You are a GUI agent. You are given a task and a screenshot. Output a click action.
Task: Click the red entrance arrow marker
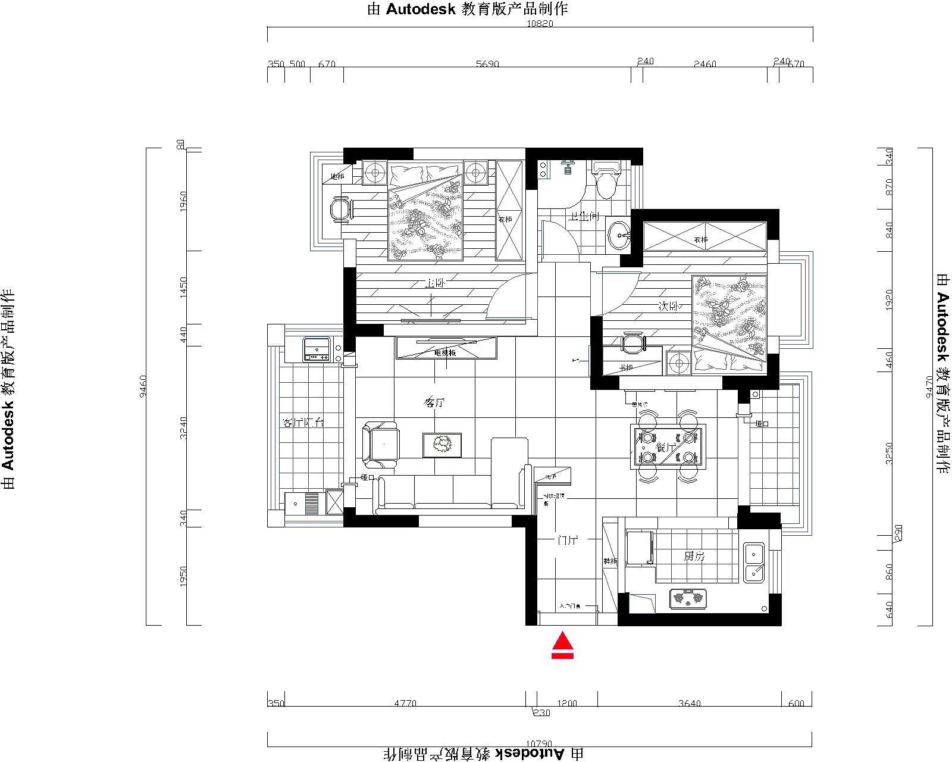pos(562,645)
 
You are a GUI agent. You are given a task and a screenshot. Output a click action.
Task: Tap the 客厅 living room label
pos(434,403)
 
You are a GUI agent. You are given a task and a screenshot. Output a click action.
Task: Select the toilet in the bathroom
pos(607,180)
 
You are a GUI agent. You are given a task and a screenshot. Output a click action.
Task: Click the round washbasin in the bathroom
pos(619,235)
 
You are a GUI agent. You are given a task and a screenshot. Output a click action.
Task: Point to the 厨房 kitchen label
pos(694,557)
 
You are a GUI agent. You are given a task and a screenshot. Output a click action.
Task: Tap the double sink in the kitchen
pos(754,562)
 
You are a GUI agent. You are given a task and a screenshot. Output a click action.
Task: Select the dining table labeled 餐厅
pos(668,447)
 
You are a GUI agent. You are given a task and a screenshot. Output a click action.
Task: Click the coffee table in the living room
pos(442,445)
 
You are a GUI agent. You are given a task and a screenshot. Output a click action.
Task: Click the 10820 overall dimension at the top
pos(540,24)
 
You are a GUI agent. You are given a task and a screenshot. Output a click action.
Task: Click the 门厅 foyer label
pos(568,541)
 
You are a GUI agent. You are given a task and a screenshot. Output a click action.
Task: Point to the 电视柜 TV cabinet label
pos(444,353)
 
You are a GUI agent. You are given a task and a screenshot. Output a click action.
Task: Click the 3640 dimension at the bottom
pos(689,703)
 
